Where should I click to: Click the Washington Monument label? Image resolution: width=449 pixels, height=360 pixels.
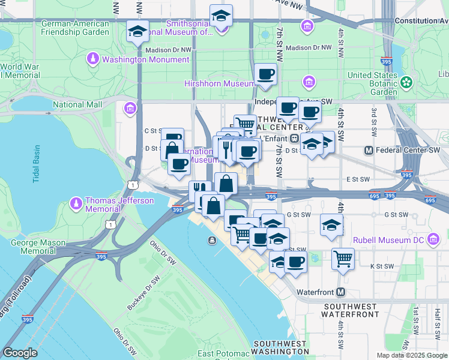pos(145,59)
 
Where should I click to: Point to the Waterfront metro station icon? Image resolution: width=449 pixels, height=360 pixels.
pos(341,292)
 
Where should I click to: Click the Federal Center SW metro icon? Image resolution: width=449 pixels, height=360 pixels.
pos(369,150)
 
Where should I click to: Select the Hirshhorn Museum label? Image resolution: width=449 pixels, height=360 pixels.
pos(220,83)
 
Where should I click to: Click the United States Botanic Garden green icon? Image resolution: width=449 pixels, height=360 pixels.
pos(408,82)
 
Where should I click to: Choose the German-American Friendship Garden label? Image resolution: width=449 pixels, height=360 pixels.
pos(75,28)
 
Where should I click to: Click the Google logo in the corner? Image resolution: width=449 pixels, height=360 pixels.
pos(20,353)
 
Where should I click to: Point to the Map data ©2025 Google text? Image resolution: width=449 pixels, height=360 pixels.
pos(412,355)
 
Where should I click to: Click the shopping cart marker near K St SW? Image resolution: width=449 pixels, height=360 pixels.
pos(343,259)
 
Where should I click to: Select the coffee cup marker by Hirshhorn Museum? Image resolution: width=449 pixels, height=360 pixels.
pos(265,74)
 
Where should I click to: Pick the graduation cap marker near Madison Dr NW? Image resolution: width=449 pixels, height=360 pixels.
pos(138,32)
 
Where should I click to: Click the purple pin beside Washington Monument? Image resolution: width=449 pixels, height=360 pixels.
pos(93,59)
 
